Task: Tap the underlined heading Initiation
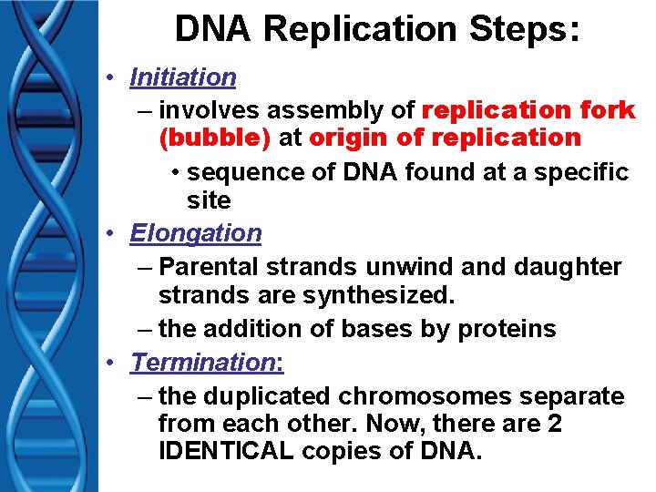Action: tap(183, 77)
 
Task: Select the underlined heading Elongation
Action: tap(195, 233)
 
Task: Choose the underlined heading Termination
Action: tap(206, 362)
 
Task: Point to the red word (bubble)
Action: tap(214, 138)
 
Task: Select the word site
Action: tap(209, 200)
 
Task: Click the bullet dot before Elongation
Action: tap(110, 234)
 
